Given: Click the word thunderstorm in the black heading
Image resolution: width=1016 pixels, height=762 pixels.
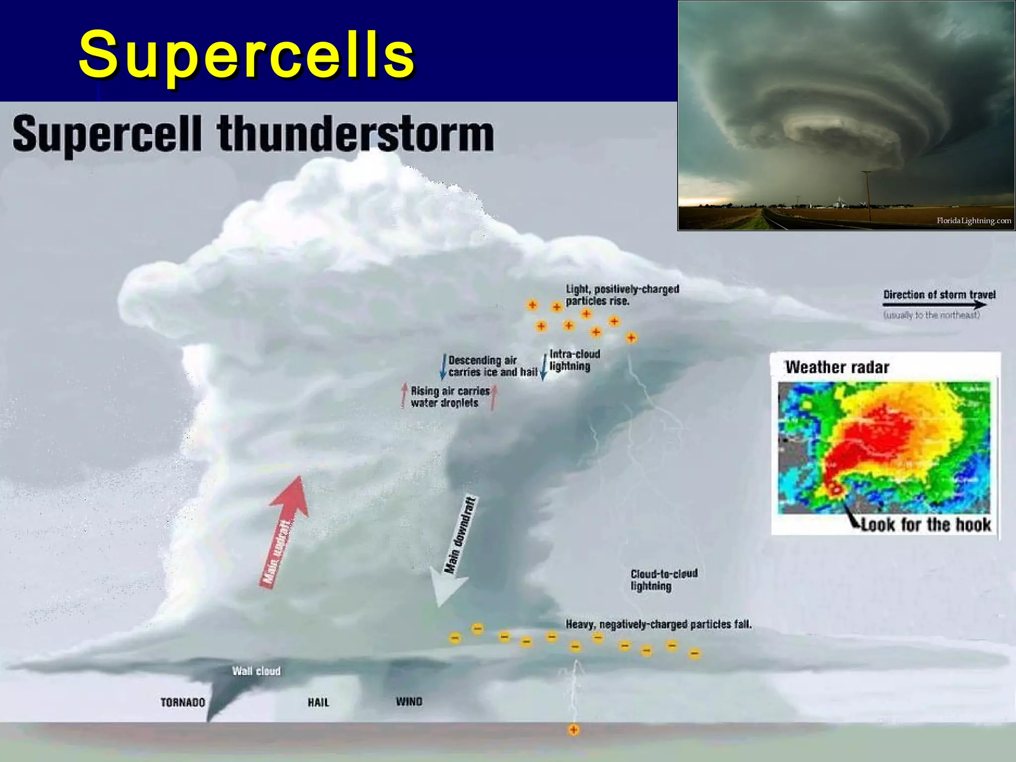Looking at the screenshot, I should tap(355, 134).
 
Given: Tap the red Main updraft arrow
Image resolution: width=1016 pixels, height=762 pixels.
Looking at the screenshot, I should tap(285, 531).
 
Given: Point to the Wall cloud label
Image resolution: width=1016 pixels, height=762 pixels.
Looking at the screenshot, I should tap(256, 671).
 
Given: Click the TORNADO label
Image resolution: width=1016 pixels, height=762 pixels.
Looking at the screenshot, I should tap(183, 702).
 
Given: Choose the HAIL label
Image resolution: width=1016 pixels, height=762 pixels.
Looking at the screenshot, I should tap(318, 702).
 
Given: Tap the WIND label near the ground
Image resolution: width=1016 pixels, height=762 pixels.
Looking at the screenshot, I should tap(409, 701).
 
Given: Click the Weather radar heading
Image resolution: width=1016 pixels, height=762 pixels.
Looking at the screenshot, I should tap(837, 367).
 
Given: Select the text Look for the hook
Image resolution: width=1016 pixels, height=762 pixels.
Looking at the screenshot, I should tap(926, 525).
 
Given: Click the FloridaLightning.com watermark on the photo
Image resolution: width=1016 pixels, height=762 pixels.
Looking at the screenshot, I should tap(973, 221).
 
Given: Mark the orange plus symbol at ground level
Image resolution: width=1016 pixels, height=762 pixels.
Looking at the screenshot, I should tap(573, 730).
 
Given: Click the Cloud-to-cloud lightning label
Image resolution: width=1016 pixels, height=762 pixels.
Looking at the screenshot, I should tap(664, 580).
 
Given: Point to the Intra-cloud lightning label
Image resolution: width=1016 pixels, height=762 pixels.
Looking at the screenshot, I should tap(574, 360).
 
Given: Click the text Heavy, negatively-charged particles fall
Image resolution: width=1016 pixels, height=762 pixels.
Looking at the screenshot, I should tap(658, 624).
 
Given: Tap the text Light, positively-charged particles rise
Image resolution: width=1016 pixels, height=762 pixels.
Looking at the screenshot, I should tap(622, 295).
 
